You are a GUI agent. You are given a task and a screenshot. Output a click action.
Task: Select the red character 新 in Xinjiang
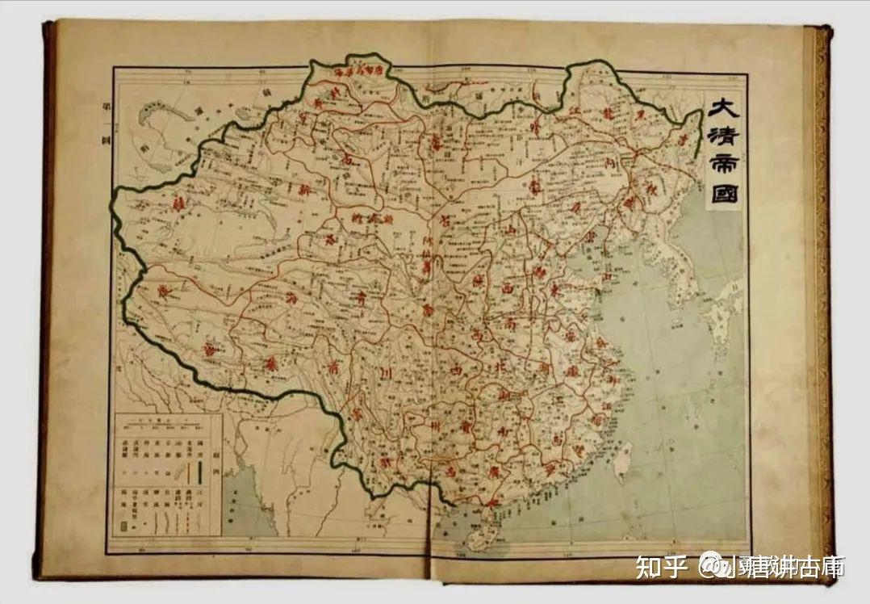tap(305, 191)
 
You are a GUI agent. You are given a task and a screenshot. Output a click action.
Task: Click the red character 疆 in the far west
tap(178, 207)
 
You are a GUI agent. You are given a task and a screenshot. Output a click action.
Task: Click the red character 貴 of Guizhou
tap(466, 423)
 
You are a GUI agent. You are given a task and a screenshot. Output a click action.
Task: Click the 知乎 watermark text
tap(659, 567)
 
